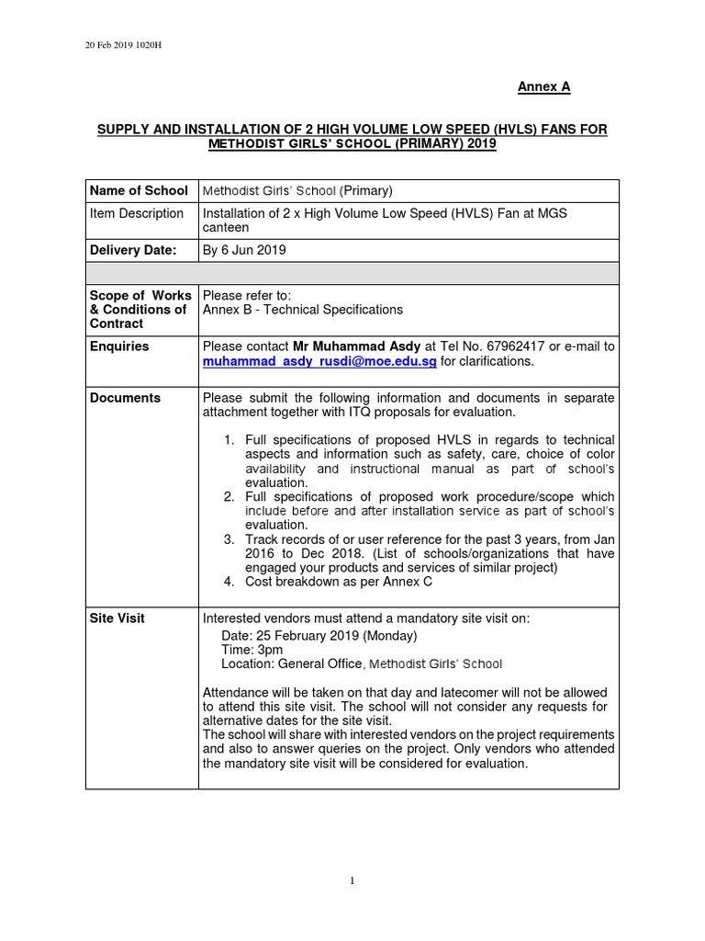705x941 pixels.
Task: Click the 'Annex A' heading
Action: (x=543, y=86)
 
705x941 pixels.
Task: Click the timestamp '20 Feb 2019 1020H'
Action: (x=124, y=45)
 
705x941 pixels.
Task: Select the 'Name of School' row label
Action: (x=139, y=191)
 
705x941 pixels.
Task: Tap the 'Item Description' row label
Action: (x=137, y=213)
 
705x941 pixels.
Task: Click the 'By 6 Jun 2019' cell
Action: (x=244, y=249)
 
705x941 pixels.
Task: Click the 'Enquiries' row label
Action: (x=119, y=346)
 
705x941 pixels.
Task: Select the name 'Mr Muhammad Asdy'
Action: (x=357, y=346)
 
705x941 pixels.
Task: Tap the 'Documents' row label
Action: (x=125, y=398)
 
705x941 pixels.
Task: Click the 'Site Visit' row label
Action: (x=117, y=618)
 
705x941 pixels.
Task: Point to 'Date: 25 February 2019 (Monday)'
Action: (x=319, y=636)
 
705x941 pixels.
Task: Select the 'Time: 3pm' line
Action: (x=252, y=650)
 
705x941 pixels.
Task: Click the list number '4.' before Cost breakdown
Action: (x=229, y=582)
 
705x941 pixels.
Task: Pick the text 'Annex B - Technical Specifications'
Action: (x=303, y=310)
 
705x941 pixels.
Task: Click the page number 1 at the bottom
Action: (x=352, y=881)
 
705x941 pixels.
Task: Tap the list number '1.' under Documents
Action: (x=229, y=440)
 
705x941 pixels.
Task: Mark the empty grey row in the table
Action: (x=352, y=273)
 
